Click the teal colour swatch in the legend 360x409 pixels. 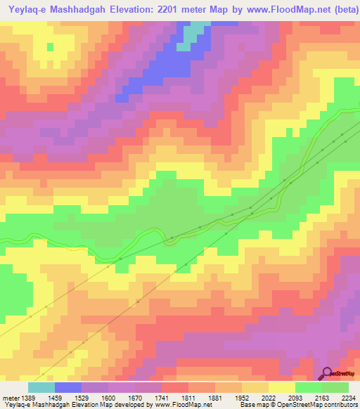pos(41,387)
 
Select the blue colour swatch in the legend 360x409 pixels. pos(68,387)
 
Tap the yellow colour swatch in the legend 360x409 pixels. pos(282,387)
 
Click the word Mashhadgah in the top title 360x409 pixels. pos(83,8)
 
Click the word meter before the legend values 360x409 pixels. pos(9,397)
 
